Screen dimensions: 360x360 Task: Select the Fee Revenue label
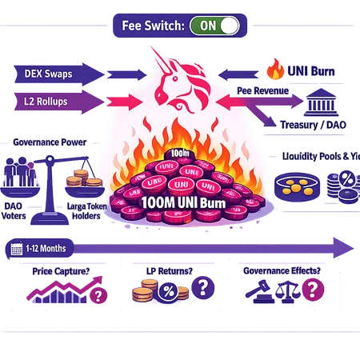pos(264,92)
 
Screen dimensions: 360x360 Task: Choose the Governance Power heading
pos(49,142)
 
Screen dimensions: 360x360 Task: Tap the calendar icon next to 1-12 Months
pos(17,249)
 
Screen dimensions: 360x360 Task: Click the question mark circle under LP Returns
pos(206,286)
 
